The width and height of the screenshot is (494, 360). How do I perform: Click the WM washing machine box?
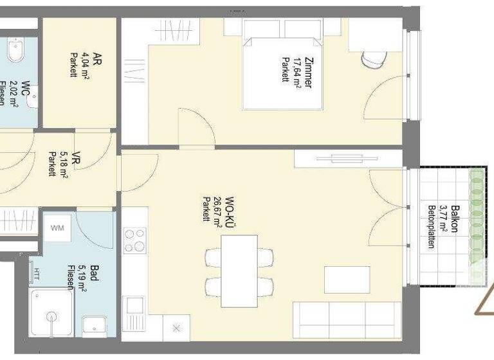[x=58, y=228]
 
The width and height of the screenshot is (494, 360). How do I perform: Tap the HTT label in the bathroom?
[x=37, y=273]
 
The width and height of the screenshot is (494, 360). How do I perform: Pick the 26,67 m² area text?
[x=217, y=212]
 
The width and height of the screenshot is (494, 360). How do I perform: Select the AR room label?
[x=97, y=59]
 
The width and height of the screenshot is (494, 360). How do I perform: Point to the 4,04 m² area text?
[x=85, y=64]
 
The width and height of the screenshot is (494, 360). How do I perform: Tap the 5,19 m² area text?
[x=82, y=278]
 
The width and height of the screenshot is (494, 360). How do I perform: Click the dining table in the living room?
[x=239, y=271]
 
